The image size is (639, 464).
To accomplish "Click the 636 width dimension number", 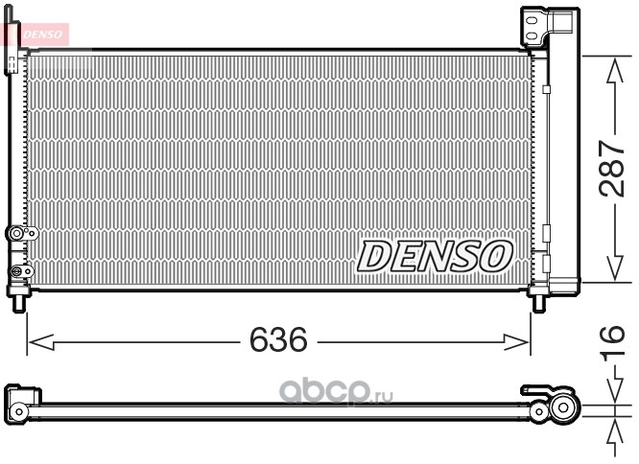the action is tap(278, 339).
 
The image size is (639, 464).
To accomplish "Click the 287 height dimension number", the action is tap(611, 169).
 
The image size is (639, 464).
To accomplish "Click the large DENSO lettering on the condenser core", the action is tap(435, 256).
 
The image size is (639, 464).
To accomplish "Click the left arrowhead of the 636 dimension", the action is tap(41, 342).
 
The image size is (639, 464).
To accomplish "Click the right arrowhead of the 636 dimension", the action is tap(516, 342).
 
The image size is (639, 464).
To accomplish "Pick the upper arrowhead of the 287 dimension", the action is tap(615, 70).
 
